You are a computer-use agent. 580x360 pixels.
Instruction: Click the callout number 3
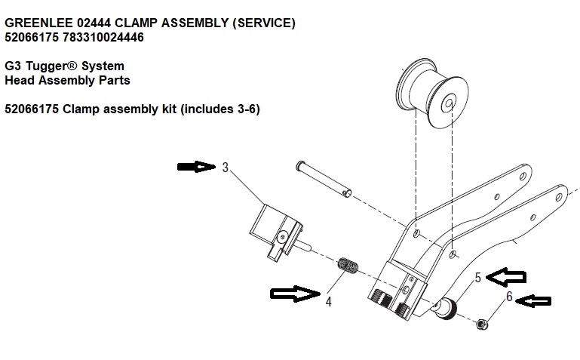(x=225, y=168)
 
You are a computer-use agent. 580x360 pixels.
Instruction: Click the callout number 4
(x=329, y=303)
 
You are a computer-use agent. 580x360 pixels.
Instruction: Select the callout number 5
(x=477, y=278)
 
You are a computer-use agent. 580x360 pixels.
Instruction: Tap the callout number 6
(x=509, y=297)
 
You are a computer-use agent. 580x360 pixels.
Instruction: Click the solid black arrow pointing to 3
(x=195, y=167)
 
